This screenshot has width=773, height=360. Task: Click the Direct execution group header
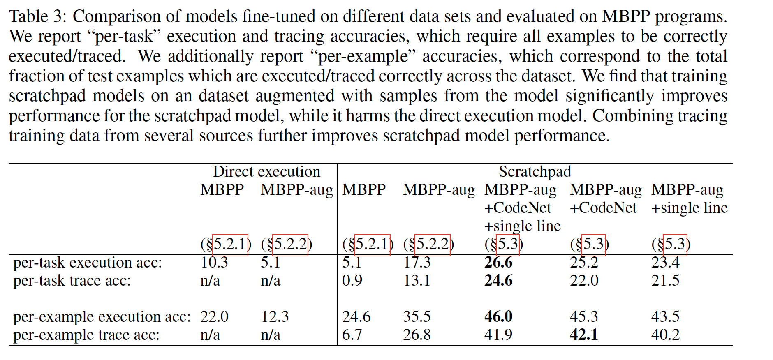pos(266,171)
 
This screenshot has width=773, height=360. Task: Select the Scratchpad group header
pos(535,171)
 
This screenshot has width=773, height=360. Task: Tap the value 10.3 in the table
pos(214,262)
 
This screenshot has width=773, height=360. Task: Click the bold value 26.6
pos(498,262)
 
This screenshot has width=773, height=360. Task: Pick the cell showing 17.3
pos(417,262)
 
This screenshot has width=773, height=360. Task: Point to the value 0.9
pos(352,280)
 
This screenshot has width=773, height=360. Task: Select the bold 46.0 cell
pos(498,316)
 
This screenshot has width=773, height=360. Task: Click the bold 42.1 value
pos(583,335)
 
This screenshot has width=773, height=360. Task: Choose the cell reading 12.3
pos(275,316)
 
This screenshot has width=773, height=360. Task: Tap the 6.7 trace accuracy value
pos(352,335)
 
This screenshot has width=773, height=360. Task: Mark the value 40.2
pos(665,335)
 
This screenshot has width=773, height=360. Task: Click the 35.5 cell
pos(417,316)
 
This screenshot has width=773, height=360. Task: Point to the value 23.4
pos(665,262)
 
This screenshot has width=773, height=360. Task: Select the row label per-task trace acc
pos(72,280)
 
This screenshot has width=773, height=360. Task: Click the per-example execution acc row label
pos(102,316)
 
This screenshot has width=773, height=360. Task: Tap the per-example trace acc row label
pos(86,335)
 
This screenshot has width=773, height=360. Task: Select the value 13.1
pos(417,280)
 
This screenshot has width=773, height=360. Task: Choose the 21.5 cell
pos(665,280)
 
